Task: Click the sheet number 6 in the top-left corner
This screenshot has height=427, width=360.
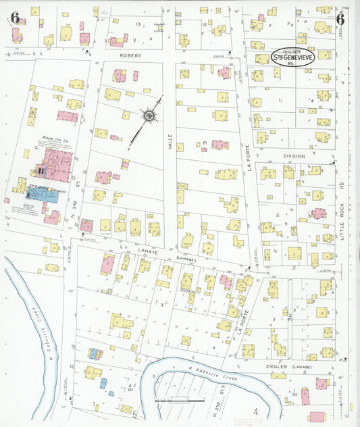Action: [14, 18]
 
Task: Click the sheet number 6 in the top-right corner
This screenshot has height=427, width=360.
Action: [340, 18]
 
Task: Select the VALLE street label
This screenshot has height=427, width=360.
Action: [171, 141]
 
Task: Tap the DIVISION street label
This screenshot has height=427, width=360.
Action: [294, 156]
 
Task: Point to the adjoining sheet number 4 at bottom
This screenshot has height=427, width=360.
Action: [256, 411]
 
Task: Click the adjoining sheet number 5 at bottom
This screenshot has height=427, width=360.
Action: [134, 413]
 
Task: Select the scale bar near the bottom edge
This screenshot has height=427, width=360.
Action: [180, 401]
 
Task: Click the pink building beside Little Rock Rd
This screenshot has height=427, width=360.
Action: [318, 214]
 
